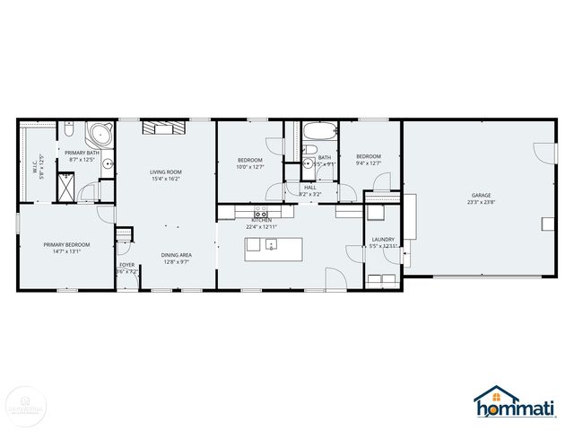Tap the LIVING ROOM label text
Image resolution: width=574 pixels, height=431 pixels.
coord(166,172)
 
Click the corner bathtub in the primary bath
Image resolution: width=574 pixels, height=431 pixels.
coord(99,137)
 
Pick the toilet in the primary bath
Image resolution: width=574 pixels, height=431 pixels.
coord(69,132)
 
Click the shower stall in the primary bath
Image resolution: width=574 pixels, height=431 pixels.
coord(65,186)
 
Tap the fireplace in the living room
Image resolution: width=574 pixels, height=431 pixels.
coord(166,128)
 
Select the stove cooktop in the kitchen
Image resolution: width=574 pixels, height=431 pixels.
coord(262,214)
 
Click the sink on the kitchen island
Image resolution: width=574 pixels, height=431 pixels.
coord(272,245)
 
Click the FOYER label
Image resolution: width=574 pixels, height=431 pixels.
coord(126,266)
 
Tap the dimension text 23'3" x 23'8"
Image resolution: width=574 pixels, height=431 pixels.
coord(482,202)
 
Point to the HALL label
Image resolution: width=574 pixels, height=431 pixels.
coord(310,187)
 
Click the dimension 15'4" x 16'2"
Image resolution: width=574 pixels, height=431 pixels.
coord(166,179)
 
